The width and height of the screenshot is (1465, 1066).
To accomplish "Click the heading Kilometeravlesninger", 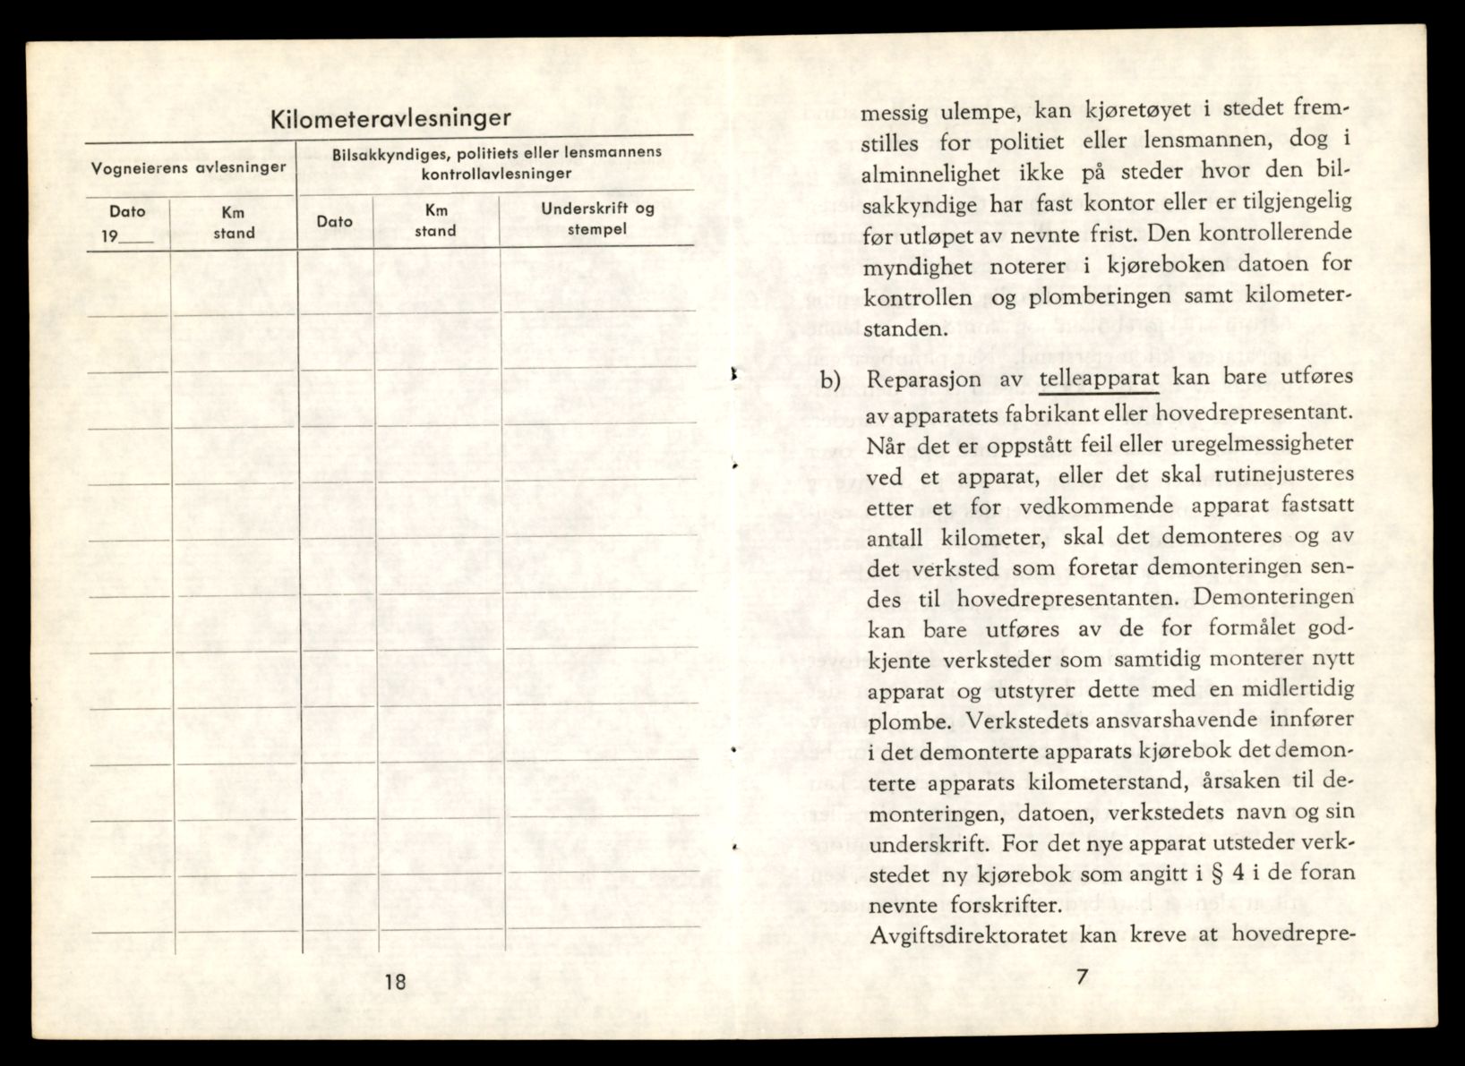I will [x=391, y=118].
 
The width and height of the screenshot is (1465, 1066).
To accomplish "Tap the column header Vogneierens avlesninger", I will [x=189, y=167].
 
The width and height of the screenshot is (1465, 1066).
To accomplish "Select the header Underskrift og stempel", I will [x=597, y=217].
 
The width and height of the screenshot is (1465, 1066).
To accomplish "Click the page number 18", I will [x=395, y=981].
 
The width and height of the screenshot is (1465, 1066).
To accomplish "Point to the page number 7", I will [x=1082, y=977].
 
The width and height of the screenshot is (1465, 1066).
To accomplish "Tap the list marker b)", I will [x=831, y=379].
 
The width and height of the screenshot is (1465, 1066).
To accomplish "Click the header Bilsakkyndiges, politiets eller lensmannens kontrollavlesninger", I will [x=496, y=162].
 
